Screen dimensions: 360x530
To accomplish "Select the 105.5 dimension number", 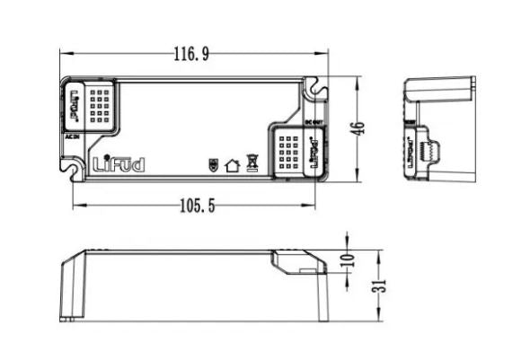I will (197, 206).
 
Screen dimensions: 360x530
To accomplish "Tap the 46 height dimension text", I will (358, 127).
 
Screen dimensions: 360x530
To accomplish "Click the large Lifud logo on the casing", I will (118, 164).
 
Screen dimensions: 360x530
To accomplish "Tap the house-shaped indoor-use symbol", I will (232, 165).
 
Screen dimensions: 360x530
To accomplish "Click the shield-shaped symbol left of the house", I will (213, 165).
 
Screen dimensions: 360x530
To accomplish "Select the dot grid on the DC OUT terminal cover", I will (289, 152).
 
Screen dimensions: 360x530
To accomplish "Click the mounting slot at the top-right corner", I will (314, 88).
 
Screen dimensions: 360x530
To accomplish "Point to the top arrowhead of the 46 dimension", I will (358, 80).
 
